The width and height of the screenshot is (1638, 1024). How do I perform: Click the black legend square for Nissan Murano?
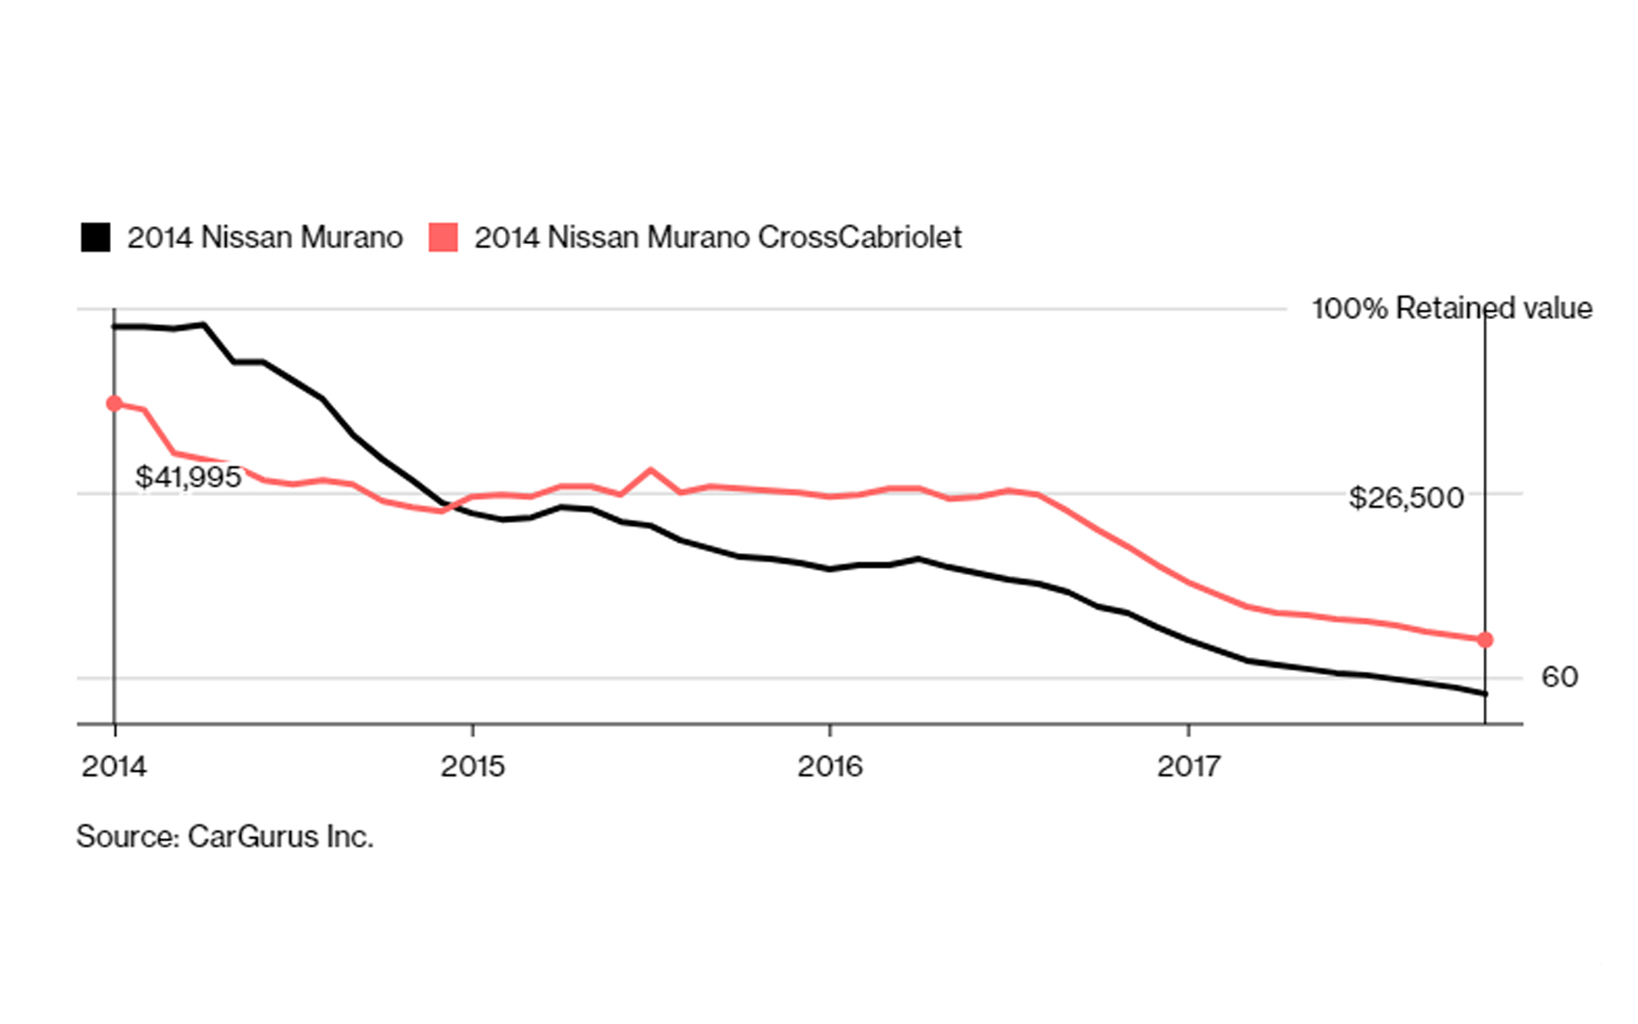(96, 237)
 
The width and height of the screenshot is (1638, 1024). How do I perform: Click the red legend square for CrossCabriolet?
(443, 237)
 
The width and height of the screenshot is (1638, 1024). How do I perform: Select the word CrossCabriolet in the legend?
(859, 237)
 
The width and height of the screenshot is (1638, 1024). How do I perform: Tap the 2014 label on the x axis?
(114, 766)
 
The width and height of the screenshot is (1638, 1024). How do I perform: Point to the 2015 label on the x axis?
(473, 766)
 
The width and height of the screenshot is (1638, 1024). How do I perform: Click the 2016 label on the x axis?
(830, 766)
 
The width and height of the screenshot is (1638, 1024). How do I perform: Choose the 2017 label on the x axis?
(1188, 766)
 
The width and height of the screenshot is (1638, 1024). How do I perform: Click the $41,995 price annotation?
(189, 477)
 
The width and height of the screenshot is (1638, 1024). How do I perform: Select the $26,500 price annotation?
(1406, 497)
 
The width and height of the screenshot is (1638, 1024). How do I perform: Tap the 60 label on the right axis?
(1560, 677)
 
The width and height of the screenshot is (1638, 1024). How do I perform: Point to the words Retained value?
(1494, 308)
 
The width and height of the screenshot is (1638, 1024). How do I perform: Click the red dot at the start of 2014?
(114, 404)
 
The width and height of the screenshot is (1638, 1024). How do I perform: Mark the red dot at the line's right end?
(1485, 640)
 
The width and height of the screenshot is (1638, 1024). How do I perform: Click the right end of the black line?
(1485, 694)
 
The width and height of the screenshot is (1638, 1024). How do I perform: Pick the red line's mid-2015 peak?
(651, 469)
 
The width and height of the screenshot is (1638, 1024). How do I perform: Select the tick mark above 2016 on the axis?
(830, 730)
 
